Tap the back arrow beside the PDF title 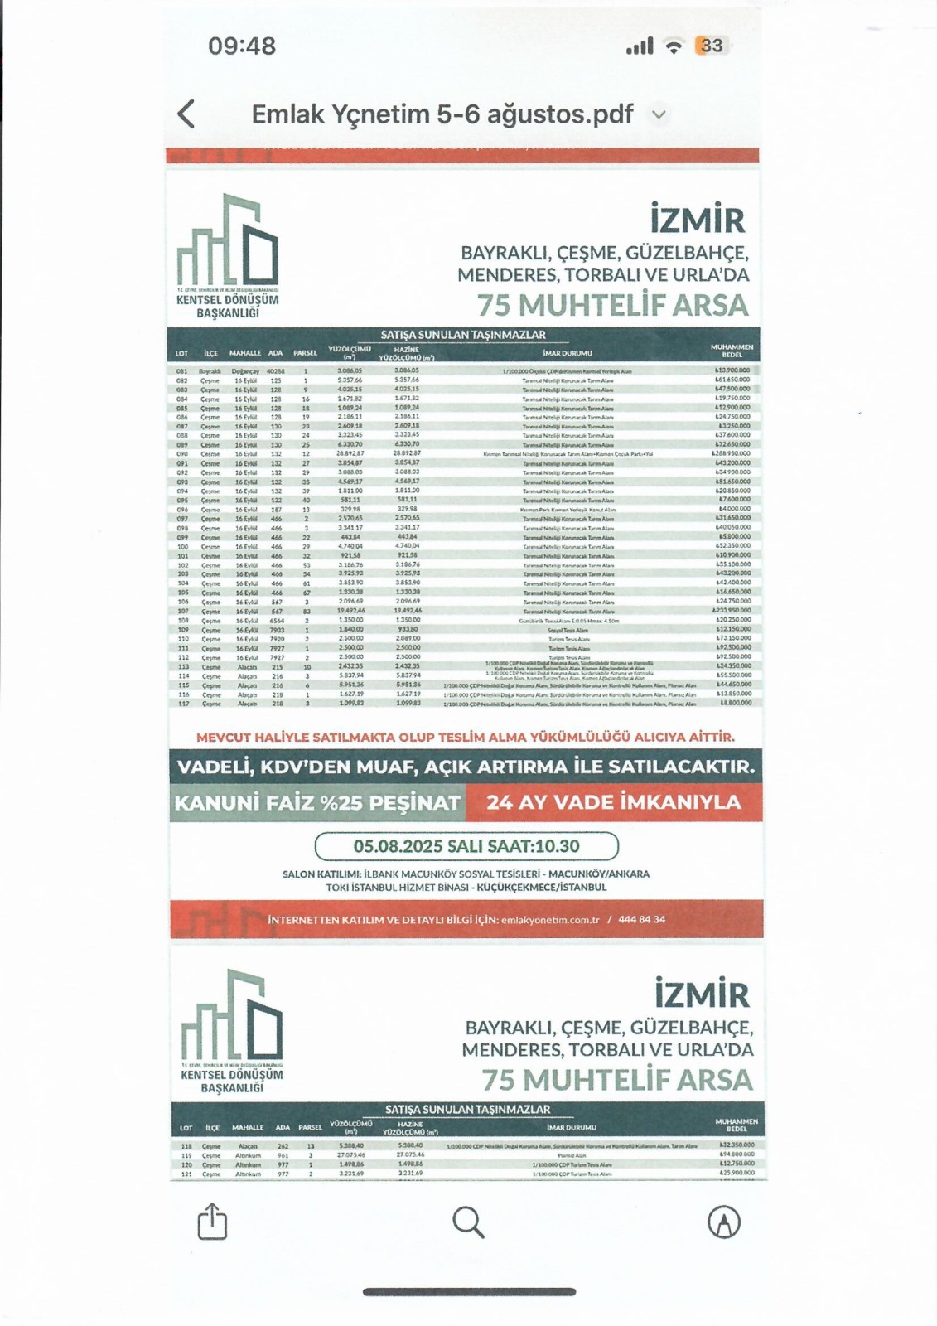(x=187, y=114)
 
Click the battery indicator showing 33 (x=710, y=46)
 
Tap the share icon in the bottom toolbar (x=212, y=1222)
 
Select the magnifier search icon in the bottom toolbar (x=468, y=1222)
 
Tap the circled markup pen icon (x=724, y=1222)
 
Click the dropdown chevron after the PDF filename (x=659, y=114)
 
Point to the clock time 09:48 (x=242, y=46)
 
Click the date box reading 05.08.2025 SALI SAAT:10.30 (x=466, y=846)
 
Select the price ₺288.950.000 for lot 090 (x=732, y=454)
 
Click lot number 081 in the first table (x=181, y=371)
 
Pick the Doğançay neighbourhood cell (x=245, y=371)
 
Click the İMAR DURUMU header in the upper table (x=568, y=353)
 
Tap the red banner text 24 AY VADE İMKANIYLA (x=613, y=802)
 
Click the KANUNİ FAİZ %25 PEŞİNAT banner (x=317, y=802)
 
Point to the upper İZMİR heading (x=698, y=220)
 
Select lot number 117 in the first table (x=181, y=704)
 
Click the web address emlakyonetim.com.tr (x=550, y=920)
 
